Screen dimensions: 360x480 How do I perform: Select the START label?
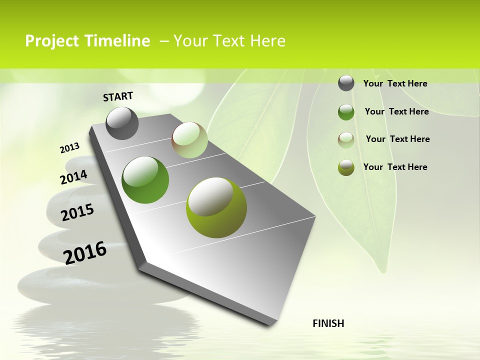(x=118, y=96)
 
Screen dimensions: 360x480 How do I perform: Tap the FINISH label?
(x=328, y=323)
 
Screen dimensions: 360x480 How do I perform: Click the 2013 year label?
(x=69, y=148)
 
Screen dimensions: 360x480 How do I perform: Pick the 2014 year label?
(x=73, y=177)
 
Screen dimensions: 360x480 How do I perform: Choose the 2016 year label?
(x=85, y=253)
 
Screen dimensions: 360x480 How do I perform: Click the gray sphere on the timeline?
(x=122, y=123)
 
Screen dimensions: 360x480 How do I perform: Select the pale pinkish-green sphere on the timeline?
(x=189, y=140)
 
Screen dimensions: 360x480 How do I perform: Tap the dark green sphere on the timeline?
(x=145, y=180)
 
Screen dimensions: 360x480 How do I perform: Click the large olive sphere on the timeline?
(x=216, y=207)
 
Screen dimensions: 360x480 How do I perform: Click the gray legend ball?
(x=346, y=83)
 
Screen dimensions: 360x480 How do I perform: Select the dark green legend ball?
(x=346, y=111)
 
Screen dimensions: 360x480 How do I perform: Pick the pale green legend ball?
(x=346, y=139)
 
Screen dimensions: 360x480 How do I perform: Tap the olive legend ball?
(x=346, y=167)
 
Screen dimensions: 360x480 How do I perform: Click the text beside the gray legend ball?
(x=395, y=83)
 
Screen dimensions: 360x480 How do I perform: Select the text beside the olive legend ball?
(x=395, y=167)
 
